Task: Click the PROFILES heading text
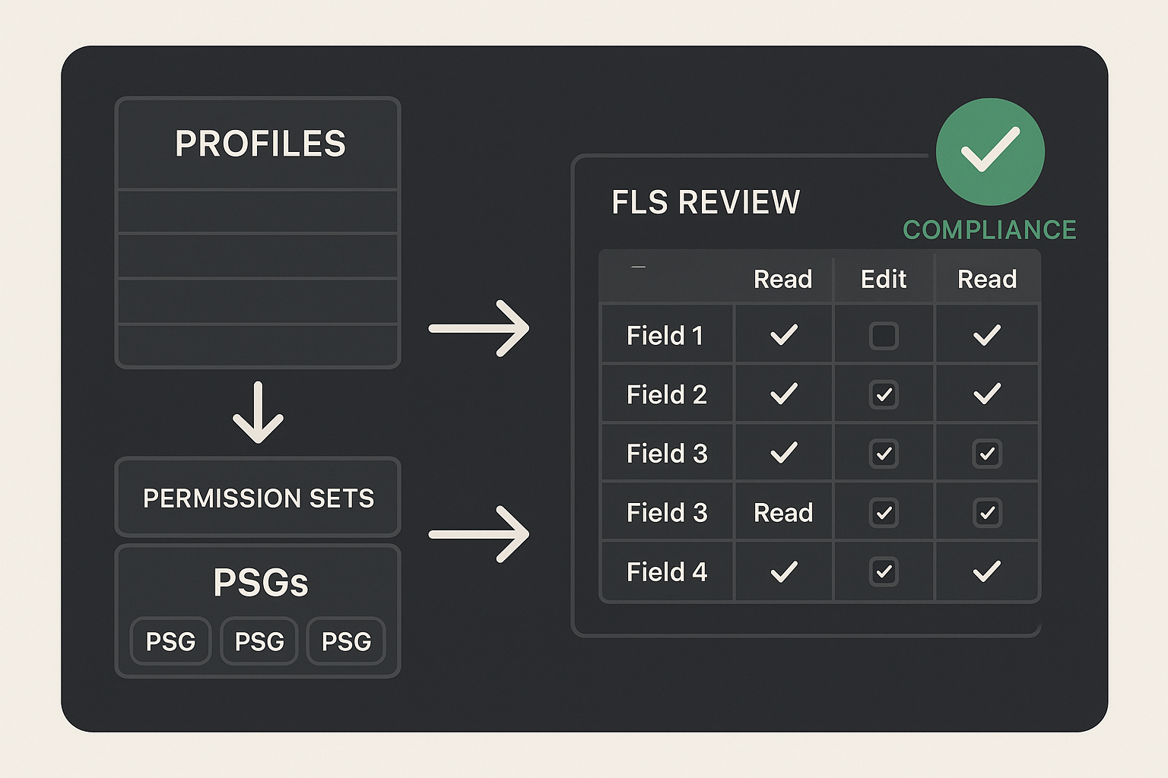tap(260, 144)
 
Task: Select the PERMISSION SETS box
tap(258, 497)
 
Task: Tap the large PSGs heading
tap(261, 582)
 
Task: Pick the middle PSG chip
tap(259, 641)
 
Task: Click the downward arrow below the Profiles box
tap(258, 413)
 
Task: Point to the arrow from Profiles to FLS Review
tap(478, 328)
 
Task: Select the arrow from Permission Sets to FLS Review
tap(478, 534)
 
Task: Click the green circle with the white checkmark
tap(990, 152)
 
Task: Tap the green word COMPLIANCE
tap(989, 229)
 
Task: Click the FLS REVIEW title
tap(706, 202)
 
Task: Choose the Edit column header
tap(884, 280)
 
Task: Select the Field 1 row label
tap(665, 335)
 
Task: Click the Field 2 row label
tap(666, 394)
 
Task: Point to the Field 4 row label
tap(666, 571)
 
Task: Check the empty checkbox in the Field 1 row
tap(884, 336)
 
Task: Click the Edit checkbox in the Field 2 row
tap(884, 394)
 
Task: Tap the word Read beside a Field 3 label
tap(783, 513)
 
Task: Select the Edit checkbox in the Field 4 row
tap(884, 571)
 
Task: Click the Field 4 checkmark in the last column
tap(987, 571)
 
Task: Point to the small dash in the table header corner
tap(638, 267)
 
